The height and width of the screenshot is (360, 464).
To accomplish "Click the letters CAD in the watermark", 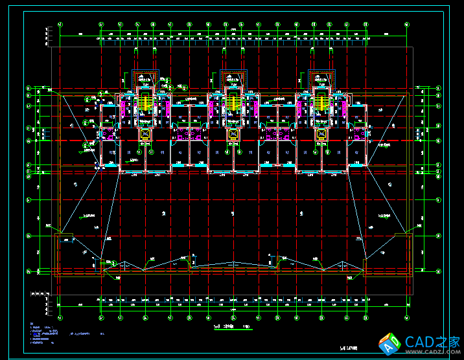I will click(419, 342).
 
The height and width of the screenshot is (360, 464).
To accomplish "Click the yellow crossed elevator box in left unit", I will click(145, 134).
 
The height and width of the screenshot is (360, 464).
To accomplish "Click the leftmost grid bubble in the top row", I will click(60, 25).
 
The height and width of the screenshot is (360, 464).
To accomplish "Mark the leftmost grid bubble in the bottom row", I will click(60, 318).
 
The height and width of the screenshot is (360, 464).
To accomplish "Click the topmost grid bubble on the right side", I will click(438, 88).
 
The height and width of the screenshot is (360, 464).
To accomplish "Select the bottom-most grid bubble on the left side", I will click(29, 271).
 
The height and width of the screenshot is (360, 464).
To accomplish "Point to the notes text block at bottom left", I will click(45, 333).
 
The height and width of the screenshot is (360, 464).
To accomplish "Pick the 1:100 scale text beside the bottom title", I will click(246, 327).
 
